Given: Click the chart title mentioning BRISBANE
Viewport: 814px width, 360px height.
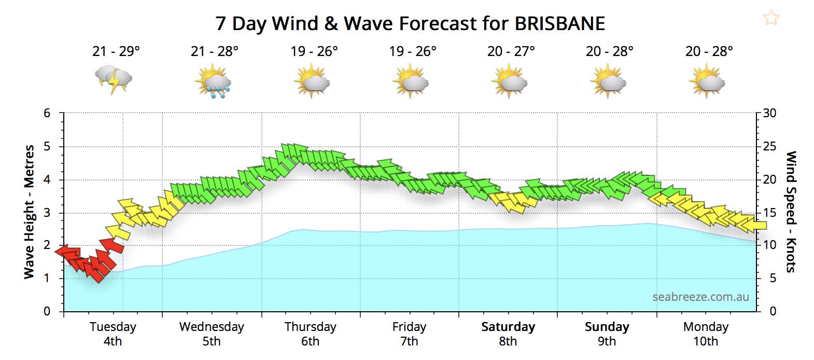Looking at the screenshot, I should tap(410, 24).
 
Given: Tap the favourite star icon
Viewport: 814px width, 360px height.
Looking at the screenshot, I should tap(771, 18).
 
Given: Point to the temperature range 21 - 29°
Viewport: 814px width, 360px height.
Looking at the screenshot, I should tap(116, 51).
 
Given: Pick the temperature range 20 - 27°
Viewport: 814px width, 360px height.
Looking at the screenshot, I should tap(511, 51).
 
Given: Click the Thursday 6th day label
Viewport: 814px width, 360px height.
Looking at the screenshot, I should tap(310, 334).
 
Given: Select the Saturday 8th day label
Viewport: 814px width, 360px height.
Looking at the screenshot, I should tap(508, 334).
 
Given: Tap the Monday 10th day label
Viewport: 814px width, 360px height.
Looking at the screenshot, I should tap(706, 334).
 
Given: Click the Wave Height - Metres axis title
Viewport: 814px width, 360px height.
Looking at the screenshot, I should tap(29, 212).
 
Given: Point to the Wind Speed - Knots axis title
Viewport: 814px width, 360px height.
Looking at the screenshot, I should tap(791, 212).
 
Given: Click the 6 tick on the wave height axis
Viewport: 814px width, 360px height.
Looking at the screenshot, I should tap(47, 113).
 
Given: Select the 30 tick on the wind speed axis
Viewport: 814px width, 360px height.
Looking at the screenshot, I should tap(770, 113).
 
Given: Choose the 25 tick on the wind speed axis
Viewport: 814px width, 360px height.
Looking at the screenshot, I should tap(770, 146).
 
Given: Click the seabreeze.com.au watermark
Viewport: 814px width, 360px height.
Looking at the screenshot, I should tap(700, 297).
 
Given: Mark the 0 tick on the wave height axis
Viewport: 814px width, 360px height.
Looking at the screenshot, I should tap(47, 311).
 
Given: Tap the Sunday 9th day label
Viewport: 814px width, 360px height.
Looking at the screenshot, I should tap(607, 334).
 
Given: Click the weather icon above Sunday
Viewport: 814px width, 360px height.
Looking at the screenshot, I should tap(608, 82).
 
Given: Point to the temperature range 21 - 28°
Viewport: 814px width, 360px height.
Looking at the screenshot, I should tap(215, 51).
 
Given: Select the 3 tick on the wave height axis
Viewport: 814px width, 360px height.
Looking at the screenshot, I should tap(47, 213).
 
